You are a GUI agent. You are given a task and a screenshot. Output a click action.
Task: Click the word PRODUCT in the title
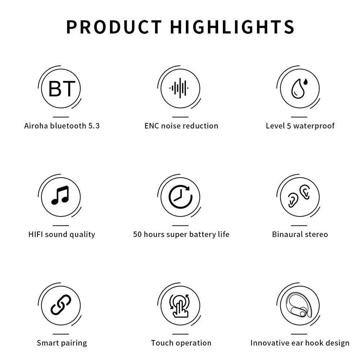[x=114, y=27]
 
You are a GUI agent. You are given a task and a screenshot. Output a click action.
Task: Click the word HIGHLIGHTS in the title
[x=232, y=27]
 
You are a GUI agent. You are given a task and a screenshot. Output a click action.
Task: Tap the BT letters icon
[x=61, y=88]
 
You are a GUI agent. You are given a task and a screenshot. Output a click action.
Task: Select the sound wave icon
[x=179, y=88]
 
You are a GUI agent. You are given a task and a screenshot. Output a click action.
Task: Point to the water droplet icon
[x=299, y=88]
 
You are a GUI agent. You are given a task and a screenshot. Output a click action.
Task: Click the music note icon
[x=60, y=195]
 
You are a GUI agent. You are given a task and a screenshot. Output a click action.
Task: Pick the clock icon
[x=181, y=197]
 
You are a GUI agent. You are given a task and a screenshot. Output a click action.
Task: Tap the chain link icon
[x=61, y=305]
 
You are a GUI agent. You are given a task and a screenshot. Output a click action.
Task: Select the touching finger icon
[x=179, y=306]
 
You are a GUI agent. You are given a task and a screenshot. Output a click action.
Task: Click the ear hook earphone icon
[x=299, y=305]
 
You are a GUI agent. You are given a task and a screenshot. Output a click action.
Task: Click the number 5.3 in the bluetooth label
[x=94, y=126]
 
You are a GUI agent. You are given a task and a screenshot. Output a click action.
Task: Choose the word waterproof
[x=314, y=126]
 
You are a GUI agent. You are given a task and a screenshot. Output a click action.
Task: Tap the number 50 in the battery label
[x=137, y=234]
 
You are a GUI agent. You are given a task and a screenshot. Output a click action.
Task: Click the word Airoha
[x=36, y=126]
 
